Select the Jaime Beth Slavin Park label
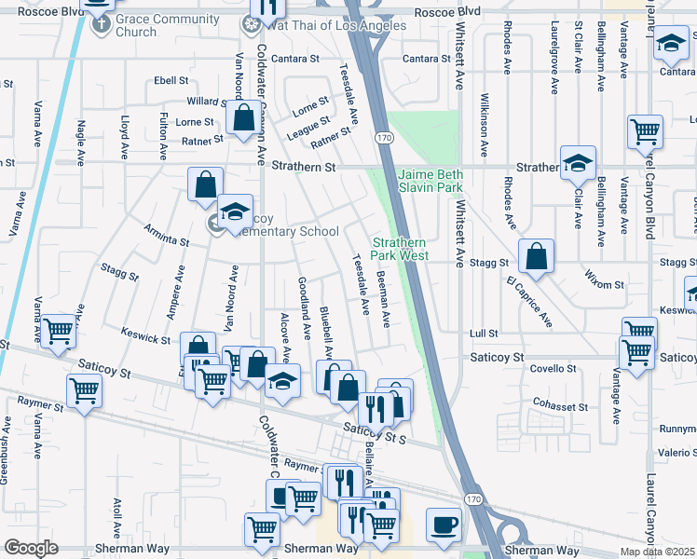[x=430, y=181]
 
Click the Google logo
[x=30, y=548]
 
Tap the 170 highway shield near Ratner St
[x=384, y=138]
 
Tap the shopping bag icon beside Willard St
[x=243, y=118]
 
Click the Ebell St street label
[x=171, y=81]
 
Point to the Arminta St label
[x=167, y=235]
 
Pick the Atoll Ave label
[x=118, y=517]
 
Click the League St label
[x=308, y=129]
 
